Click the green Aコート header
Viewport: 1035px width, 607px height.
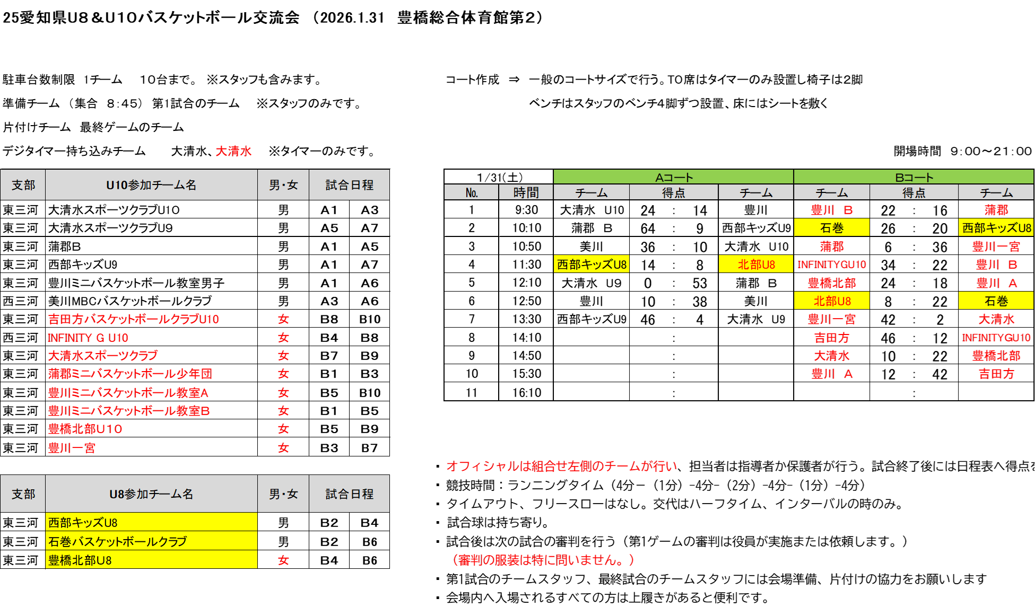click(x=673, y=177)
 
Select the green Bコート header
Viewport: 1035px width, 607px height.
click(x=914, y=177)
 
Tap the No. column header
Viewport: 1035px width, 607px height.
click(x=471, y=192)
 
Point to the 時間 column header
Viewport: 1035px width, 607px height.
click(x=526, y=192)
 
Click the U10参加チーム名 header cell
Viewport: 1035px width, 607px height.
click(x=151, y=185)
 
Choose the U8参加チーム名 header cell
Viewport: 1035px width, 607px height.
click(x=151, y=494)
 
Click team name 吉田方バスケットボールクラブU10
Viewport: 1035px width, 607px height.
click(x=134, y=319)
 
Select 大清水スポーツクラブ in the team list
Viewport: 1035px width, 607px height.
click(x=103, y=356)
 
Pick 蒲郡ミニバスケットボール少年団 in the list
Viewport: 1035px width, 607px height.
click(x=131, y=374)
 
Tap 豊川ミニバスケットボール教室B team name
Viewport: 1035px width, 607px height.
click(x=129, y=411)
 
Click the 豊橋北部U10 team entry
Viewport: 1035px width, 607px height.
click(x=85, y=429)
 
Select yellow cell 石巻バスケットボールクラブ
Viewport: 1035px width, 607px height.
click(x=118, y=541)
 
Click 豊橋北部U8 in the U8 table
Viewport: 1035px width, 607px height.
click(x=80, y=560)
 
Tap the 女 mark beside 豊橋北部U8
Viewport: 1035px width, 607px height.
click(x=283, y=560)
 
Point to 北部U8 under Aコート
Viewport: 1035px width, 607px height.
click(x=756, y=265)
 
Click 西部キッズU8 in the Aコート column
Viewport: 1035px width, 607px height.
click(x=592, y=265)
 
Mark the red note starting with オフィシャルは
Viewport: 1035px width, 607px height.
click(x=562, y=467)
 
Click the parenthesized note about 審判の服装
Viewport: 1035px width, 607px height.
click(x=544, y=560)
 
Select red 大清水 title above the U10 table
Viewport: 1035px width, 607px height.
click(x=234, y=151)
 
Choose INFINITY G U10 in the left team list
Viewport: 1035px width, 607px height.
click(x=88, y=338)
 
